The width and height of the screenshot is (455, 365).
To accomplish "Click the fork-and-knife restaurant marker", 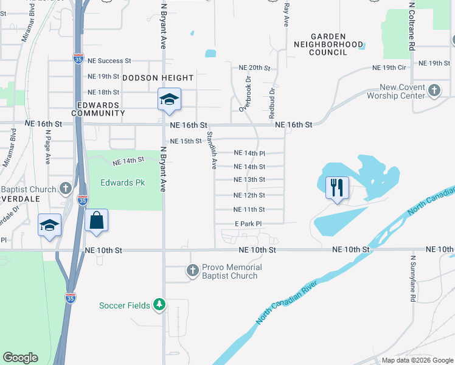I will click(337, 187).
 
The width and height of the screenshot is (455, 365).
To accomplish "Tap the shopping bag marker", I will click(97, 221).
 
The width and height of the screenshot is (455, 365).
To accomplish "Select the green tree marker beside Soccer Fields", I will click(159, 304).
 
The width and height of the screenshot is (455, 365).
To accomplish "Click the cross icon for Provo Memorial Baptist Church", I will click(193, 271).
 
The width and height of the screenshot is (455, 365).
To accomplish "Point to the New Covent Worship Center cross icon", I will click(434, 91).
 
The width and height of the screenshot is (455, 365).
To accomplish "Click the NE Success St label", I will click(109, 61).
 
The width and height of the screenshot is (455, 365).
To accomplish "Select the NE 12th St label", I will click(249, 195).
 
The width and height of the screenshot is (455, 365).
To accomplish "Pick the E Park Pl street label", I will click(248, 223).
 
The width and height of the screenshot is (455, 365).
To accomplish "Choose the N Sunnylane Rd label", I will click(412, 278).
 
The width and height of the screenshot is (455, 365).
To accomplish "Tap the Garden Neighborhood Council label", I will click(328, 44).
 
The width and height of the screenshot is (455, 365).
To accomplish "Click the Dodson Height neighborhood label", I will click(159, 78).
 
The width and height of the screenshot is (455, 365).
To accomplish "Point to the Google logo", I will click(20, 358).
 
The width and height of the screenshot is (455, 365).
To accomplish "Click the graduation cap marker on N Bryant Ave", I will click(168, 100).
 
